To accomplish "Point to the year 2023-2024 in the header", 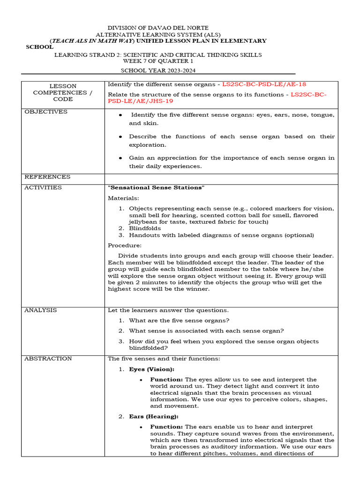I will click(x=179, y=71).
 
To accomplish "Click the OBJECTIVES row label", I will click(x=45, y=112).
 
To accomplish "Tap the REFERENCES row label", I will click(x=47, y=177).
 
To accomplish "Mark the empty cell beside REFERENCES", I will click(x=221, y=179).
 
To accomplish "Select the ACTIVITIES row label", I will click(x=43, y=187).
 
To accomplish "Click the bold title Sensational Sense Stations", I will click(x=156, y=188).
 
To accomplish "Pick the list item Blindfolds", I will click(x=145, y=228).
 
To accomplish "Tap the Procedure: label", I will click(x=124, y=245).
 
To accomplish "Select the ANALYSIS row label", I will click(x=40, y=310).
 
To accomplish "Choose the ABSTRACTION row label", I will click(x=48, y=359).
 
